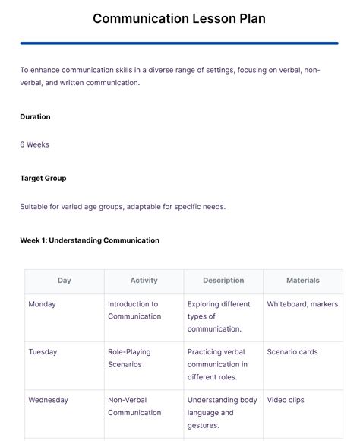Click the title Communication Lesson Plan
pos(179,19)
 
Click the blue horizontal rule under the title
pos(179,43)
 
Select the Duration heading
pos(35,117)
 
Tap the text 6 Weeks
pos(34,144)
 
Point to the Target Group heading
pos(43,179)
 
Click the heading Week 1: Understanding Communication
pos(90,240)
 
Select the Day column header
pos(65,281)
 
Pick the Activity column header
pos(144,281)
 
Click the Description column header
pos(223,281)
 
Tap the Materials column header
pos(302,281)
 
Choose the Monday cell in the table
pos(42,304)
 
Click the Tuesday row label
pos(43,352)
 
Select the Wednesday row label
pos(48,400)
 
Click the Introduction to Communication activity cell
pos(134,310)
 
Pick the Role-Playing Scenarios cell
pos(129,358)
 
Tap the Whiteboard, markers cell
pos(302,304)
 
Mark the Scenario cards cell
pos(292,352)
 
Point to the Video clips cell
pos(286,400)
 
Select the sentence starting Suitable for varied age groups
pos(123,206)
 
